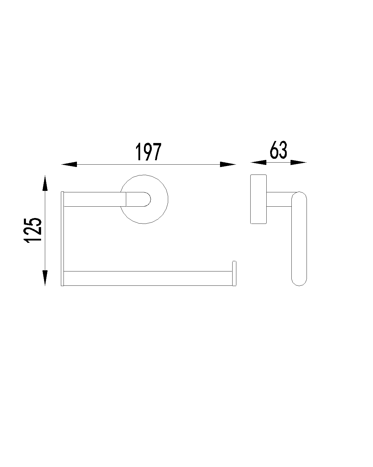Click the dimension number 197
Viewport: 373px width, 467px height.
pos(148,152)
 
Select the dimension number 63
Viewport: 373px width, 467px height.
pos(279,150)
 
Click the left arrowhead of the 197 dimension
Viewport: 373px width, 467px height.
pos(69,165)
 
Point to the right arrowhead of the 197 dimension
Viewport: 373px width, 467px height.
pos(228,165)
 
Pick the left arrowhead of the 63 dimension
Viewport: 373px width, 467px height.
pos(258,162)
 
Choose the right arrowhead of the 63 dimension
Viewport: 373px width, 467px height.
pos(298,162)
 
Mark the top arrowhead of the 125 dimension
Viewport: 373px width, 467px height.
pos(45,183)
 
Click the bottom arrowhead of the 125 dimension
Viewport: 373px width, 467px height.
pos(45,278)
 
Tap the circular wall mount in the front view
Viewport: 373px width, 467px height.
pos(168,199)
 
